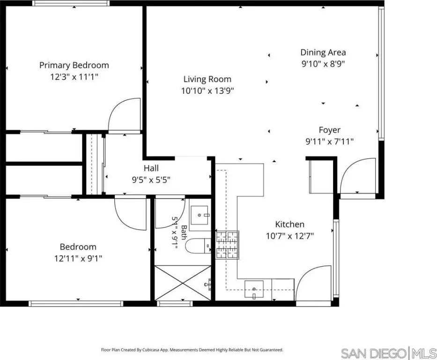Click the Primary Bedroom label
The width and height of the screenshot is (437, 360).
(74, 65)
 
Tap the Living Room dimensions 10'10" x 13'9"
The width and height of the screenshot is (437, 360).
(207, 90)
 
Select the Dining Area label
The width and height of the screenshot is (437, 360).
(323, 52)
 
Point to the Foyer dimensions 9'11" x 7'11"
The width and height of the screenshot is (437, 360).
(329, 142)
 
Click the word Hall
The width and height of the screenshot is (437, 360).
(151, 168)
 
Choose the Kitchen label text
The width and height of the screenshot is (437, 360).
(289, 225)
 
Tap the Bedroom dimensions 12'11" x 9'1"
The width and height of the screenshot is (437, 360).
(78, 258)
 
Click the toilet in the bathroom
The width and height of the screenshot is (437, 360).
(199, 246)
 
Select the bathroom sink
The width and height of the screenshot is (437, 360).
(199, 215)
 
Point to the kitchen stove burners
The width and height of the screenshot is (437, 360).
(228, 245)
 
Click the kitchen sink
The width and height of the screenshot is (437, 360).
(254, 289)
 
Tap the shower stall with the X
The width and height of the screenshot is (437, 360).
(183, 283)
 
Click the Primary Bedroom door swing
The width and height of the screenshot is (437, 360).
(125, 114)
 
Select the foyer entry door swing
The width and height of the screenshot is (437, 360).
(357, 175)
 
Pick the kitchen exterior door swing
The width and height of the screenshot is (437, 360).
(313, 283)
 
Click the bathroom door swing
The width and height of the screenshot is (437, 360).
(170, 213)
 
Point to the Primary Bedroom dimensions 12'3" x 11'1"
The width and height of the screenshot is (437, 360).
(74, 77)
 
